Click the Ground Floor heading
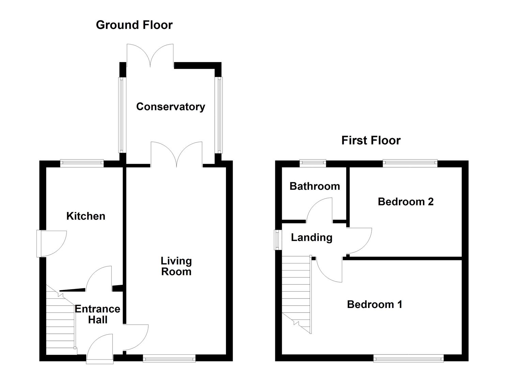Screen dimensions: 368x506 pyautogui.click(x=134, y=25)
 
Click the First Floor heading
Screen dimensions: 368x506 pyautogui.click(x=371, y=140)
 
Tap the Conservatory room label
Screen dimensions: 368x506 pyautogui.click(x=170, y=107)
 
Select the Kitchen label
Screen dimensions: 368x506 pyautogui.click(x=86, y=216)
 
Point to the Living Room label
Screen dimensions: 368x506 pyautogui.click(x=176, y=266)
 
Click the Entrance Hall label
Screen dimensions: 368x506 pyautogui.click(x=97, y=314)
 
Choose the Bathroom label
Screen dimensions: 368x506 pyautogui.click(x=315, y=186)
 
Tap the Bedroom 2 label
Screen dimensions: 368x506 pyautogui.click(x=405, y=202)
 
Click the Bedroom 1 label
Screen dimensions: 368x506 pyautogui.click(x=374, y=304)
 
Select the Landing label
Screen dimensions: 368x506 pyautogui.click(x=311, y=237)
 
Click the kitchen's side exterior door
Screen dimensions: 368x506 pyautogui.click(x=51, y=243)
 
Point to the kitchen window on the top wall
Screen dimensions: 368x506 pyautogui.click(x=82, y=164)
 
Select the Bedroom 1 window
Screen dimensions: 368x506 pyautogui.click(x=408, y=358)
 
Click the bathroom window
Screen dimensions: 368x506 pyautogui.click(x=313, y=164)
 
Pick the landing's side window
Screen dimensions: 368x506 pyautogui.click(x=278, y=240)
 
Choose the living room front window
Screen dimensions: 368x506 pyautogui.click(x=169, y=358)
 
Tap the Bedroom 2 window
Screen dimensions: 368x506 pyautogui.click(x=410, y=164)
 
